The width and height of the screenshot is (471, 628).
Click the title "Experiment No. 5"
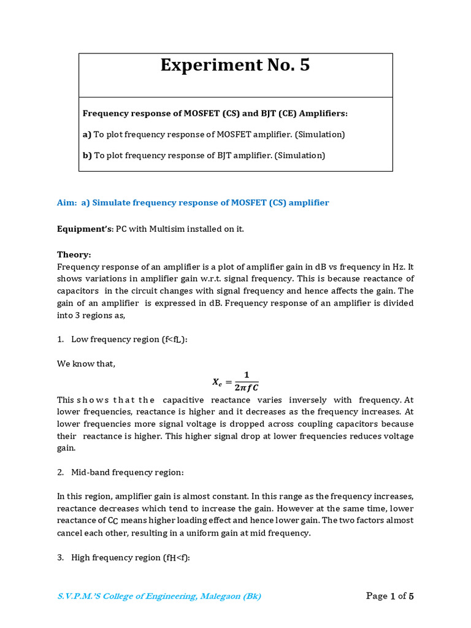pyautogui.click(x=235, y=65)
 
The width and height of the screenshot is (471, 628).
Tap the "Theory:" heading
pyautogui.click(x=74, y=254)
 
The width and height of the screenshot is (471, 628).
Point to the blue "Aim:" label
pyautogui.click(x=67, y=202)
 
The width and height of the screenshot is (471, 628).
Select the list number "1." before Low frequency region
pyautogui.click(x=61, y=339)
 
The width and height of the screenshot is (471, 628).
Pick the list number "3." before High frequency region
pyautogui.click(x=61, y=557)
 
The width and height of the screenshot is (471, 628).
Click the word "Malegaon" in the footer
pyautogui.click(x=200, y=596)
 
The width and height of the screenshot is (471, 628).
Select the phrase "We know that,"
pyautogui.click(x=86, y=364)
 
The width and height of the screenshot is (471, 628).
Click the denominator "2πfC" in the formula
pyautogui.click(x=243, y=387)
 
